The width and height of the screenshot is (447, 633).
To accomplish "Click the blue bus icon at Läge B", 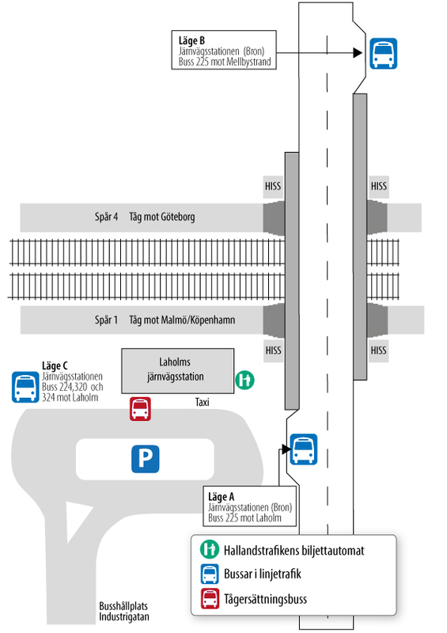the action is (383, 53).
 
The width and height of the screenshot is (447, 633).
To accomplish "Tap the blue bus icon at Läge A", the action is (304, 449).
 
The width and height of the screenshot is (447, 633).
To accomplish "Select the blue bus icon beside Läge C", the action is (25, 387).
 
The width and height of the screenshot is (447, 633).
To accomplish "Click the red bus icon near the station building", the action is (140, 409).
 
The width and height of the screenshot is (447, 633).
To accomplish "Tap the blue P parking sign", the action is (146, 459).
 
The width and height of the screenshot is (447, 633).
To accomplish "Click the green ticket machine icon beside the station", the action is (244, 380).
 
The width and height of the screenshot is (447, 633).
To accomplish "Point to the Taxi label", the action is (202, 402).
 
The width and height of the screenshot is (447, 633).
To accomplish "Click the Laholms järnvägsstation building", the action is (178, 370).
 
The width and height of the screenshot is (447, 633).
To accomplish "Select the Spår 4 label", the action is (106, 217).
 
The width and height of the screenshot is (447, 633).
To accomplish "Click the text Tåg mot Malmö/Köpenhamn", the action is (182, 320).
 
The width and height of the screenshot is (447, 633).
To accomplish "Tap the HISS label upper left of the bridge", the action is (273, 186).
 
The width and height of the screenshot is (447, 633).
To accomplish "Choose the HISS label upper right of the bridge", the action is (379, 186).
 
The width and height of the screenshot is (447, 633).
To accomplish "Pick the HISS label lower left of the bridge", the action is (274, 351).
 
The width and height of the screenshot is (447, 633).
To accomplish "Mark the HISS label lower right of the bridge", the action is (378, 351).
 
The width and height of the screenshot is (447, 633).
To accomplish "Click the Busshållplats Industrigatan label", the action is (124, 612).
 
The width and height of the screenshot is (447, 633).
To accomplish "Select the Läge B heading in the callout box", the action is (191, 41).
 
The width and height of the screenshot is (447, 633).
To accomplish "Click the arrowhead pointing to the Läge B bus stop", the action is (358, 52).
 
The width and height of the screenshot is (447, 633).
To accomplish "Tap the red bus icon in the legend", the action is (210, 599).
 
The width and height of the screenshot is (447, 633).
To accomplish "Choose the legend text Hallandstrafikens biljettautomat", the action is (294, 551).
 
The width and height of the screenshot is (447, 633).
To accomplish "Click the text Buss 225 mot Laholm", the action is (244, 518).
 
